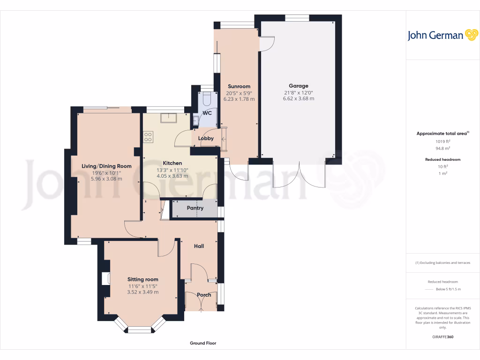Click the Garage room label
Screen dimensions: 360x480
[x=298, y=86]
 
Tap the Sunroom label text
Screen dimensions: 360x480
[x=239, y=86]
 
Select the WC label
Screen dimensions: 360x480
[x=207, y=113]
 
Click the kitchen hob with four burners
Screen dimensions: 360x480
[x=149, y=137]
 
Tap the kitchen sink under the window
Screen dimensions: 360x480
[x=168, y=117]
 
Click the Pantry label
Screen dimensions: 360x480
[x=195, y=208]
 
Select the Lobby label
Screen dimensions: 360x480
[x=206, y=138]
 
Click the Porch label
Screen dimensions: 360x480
[x=204, y=295]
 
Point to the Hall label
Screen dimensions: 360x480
[x=199, y=246]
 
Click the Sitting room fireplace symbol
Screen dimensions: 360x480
[x=105, y=278]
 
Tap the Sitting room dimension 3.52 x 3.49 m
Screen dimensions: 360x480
[x=142, y=292]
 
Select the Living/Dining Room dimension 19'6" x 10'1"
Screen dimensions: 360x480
[x=106, y=172]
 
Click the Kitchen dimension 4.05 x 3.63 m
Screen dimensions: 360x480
[x=172, y=176]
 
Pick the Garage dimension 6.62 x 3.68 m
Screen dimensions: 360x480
[x=298, y=99]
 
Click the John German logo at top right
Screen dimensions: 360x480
[x=442, y=35]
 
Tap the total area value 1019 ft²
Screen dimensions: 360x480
[x=442, y=141]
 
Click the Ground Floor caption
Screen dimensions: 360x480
[x=203, y=343]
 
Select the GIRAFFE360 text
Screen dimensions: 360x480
[x=442, y=337]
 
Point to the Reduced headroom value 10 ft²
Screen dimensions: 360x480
[x=442, y=166]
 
